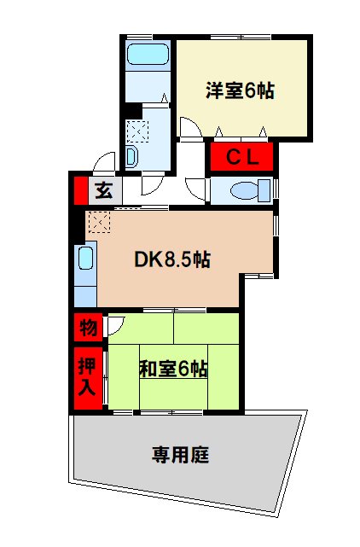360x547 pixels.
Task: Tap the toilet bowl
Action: pos(248,189)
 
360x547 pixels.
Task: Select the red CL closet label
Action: pos(241,156)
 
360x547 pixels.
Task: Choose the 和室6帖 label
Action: pos(173,369)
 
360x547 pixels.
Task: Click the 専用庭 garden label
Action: pos(181,454)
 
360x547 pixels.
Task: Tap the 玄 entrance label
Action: pos(104,190)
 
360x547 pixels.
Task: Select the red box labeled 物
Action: pos(87,327)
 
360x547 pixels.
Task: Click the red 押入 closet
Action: pos(87,375)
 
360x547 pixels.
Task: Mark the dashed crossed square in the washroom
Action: pos(136,131)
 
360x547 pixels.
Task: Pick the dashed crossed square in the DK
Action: pos(97,223)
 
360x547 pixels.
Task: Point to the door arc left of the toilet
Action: pos(196,189)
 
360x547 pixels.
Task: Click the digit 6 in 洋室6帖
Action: pos(250,91)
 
